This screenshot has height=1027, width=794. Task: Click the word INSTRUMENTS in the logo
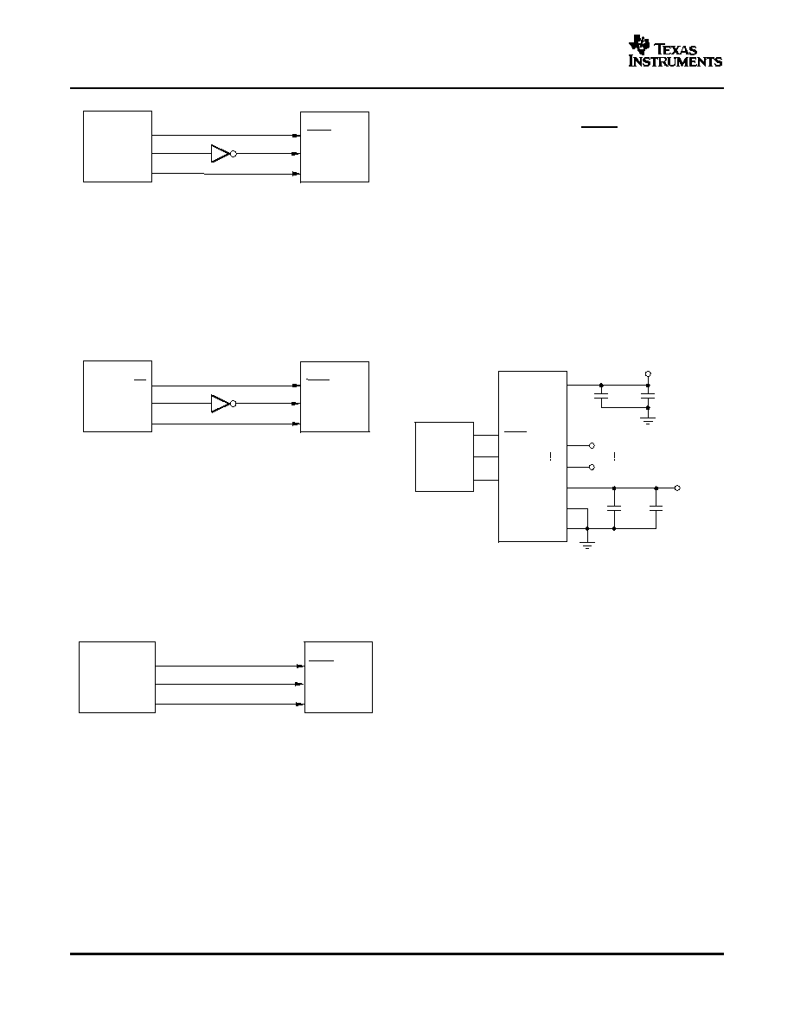pos(676,61)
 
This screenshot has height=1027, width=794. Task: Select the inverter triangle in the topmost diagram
pos(220,154)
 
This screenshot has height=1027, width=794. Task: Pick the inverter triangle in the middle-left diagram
pos(220,404)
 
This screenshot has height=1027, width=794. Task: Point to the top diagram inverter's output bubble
pos(234,154)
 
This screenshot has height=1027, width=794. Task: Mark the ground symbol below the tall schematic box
pos(587,543)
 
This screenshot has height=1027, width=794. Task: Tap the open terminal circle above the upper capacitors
pos(648,373)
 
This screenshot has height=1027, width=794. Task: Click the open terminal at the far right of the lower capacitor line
pos(677,488)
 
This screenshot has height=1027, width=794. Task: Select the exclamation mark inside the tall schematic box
pos(550,456)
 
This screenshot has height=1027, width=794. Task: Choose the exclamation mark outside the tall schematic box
pos(614,456)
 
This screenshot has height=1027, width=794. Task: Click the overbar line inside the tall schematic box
pos(515,432)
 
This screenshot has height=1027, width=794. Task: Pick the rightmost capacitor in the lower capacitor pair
pos(656,507)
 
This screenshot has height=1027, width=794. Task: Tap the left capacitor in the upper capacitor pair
pos(601,396)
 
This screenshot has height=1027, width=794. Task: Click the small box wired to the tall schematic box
pos(445,456)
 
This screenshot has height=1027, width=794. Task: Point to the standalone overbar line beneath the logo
pos(599,127)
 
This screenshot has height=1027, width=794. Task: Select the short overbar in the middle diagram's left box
pos(139,380)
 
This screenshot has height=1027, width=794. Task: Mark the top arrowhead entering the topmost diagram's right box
pos(296,136)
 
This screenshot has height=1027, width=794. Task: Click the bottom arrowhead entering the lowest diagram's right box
pos(300,704)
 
